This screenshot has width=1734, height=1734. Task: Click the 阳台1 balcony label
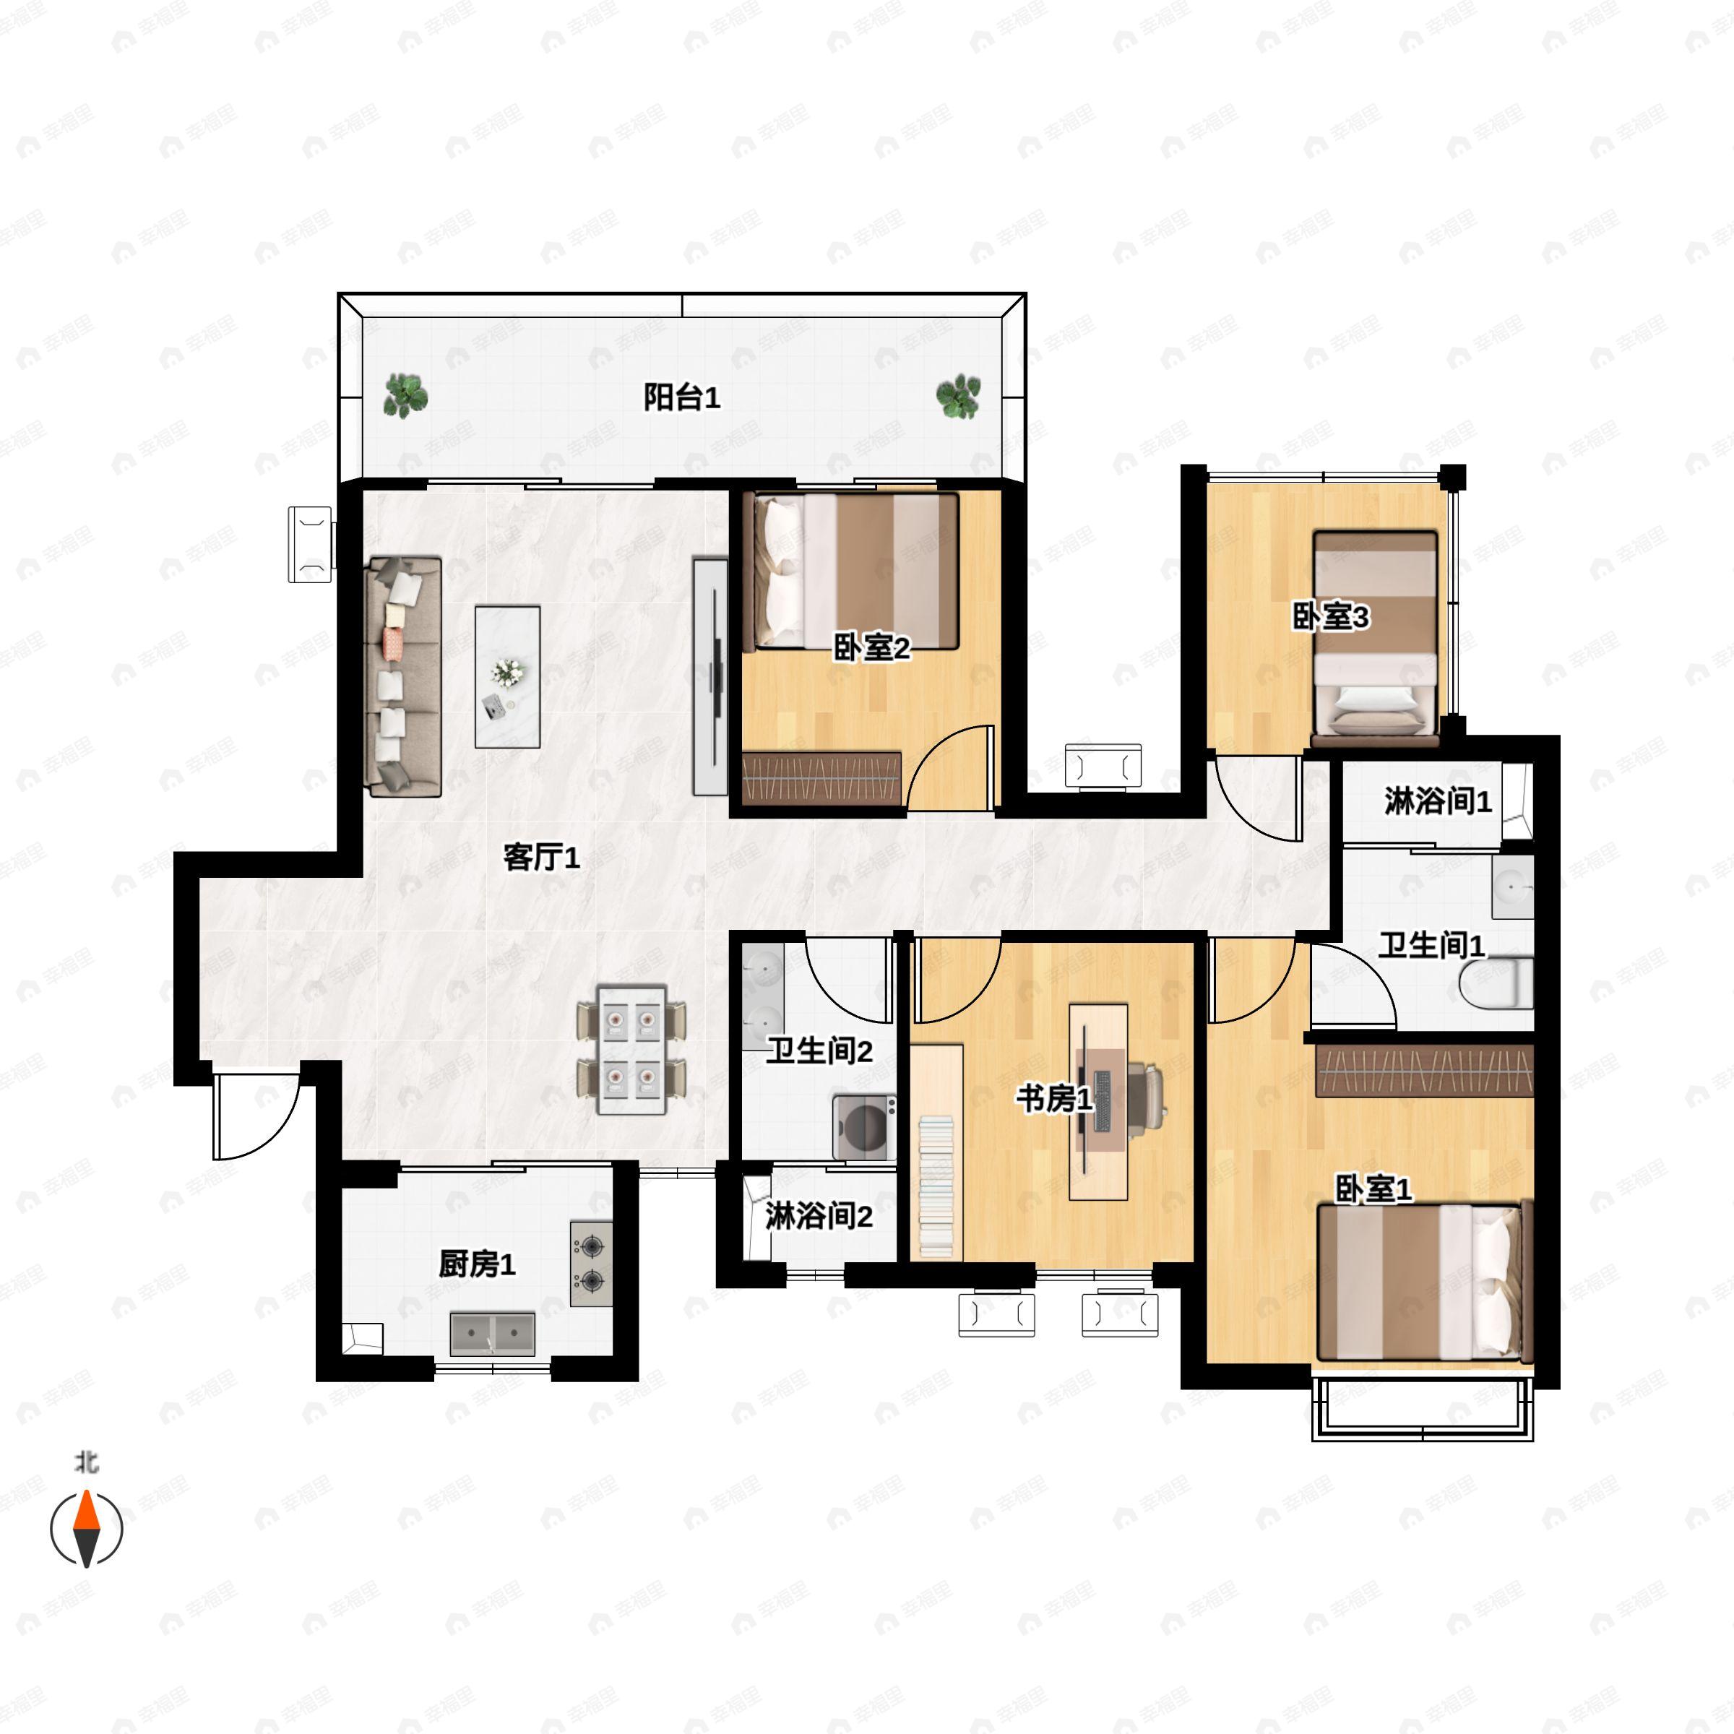tap(682, 397)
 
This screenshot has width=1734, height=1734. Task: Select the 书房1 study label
tap(1055, 1097)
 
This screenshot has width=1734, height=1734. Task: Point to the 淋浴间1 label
tap(1438, 801)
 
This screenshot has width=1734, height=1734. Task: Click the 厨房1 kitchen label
tap(477, 1264)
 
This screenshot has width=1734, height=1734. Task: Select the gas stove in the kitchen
tap(592, 1264)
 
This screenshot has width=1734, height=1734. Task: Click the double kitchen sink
tap(493, 1334)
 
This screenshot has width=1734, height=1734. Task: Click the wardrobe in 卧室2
tap(821, 777)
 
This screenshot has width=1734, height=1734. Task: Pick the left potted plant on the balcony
tap(405, 396)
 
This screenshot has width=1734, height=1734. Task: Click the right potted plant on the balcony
tap(959, 396)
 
